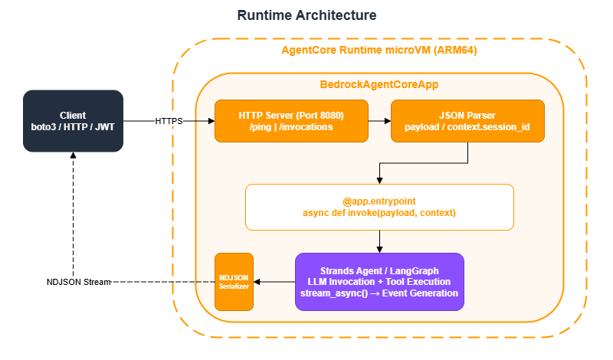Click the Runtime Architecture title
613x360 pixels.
[x=306, y=15]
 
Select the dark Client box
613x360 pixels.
[x=73, y=120]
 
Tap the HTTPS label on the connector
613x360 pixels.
[x=169, y=121]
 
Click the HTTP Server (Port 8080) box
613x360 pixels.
[x=290, y=121]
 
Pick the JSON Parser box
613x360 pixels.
[x=467, y=121]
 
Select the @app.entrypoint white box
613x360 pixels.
[x=379, y=207]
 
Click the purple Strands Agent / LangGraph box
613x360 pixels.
[x=379, y=282]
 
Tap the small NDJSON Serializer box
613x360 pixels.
[x=234, y=282]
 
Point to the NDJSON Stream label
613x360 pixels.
[x=79, y=283]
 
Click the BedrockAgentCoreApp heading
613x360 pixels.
[x=379, y=83]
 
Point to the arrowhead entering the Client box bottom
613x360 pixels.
[x=73, y=156]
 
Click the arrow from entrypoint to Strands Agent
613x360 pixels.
[x=379, y=241]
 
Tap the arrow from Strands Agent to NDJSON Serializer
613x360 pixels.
[x=274, y=282]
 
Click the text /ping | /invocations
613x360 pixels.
[x=290, y=127]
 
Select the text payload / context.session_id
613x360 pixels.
[x=467, y=127]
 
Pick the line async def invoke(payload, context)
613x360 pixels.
[x=379, y=213]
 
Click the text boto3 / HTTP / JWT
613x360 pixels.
[x=73, y=126]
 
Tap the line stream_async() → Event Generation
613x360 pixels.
[x=379, y=293]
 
